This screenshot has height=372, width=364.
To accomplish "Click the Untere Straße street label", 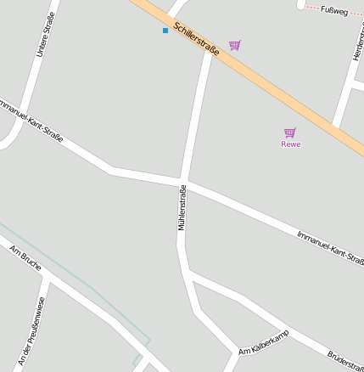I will (x=46, y=35).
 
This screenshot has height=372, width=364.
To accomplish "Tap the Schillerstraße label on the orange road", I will (x=196, y=39).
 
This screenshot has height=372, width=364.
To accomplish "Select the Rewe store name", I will (x=291, y=144).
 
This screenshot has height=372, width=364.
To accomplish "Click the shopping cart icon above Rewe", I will (x=290, y=132).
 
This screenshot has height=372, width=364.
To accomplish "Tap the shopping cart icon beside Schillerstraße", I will (x=235, y=45).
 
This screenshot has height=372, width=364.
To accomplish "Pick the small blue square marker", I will (x=165, y=31).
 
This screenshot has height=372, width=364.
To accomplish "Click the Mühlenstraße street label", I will (x=182, y=209).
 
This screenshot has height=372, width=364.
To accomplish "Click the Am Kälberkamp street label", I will (x=264, y=341).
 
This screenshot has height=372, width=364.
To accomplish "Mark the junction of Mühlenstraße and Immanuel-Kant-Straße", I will (x=182, y=181).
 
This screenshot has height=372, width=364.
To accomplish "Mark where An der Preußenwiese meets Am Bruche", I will (x=48, y=278).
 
